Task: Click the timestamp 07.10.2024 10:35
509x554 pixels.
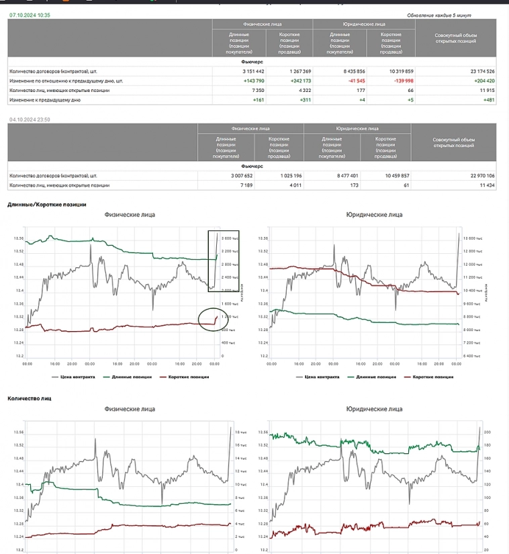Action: point(30,14)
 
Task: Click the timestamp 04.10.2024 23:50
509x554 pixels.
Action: point(30,120)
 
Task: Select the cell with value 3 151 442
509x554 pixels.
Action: point(253,71)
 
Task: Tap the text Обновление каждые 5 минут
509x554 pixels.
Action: point(440,15)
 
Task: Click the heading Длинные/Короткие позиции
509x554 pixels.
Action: point(47,203)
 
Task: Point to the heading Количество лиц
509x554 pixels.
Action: point(30,398)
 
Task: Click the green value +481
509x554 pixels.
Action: point(489,99)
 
